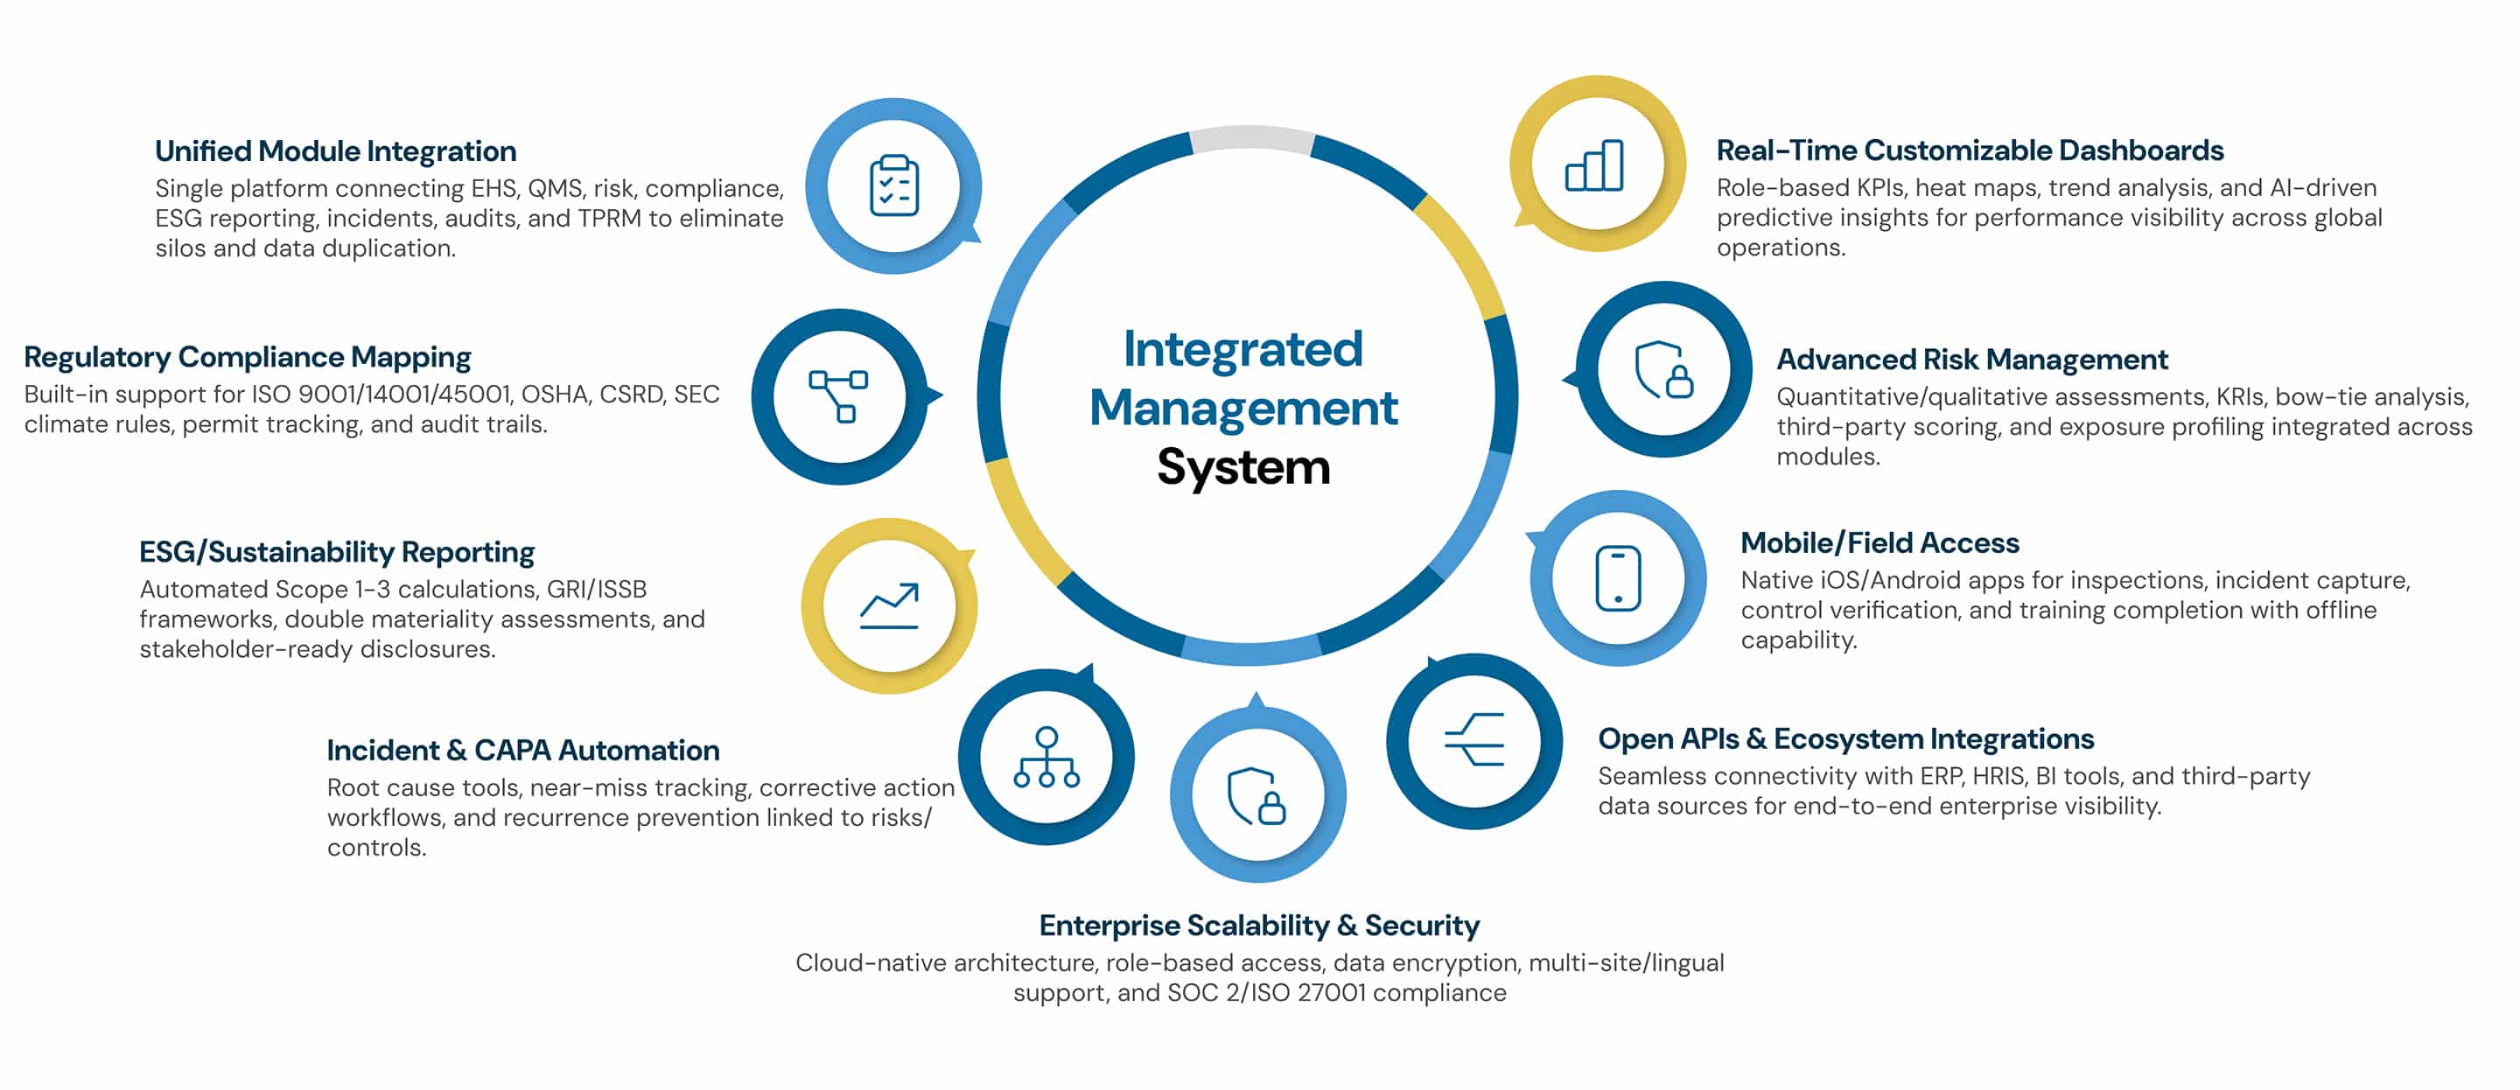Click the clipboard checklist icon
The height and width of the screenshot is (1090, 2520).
click(894, 185)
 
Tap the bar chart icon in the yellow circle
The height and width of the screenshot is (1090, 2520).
click(1594, 165)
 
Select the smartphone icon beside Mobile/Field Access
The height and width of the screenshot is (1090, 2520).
click(1618, 578)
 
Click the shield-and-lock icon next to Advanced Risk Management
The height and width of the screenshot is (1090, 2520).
click(1663, 369)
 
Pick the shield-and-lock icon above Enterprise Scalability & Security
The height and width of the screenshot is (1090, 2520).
click(1257, 795)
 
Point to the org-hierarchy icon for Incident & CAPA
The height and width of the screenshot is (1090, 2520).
click(1046, 758)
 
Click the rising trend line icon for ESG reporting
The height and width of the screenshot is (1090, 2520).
click(889, 605)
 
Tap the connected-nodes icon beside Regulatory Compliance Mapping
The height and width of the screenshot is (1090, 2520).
click(838, 395)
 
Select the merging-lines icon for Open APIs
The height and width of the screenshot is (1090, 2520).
click(1474, 740)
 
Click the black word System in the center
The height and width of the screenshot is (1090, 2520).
click(1243, 468)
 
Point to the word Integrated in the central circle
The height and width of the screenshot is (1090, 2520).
click(1242, 349)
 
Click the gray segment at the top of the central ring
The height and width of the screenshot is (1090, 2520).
click(1251, 139)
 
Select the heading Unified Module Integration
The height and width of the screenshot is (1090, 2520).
click(335, 151)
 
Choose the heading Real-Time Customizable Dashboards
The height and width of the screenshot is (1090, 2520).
click(1970, 150)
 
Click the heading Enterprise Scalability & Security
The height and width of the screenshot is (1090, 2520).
click(1259, 926)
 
